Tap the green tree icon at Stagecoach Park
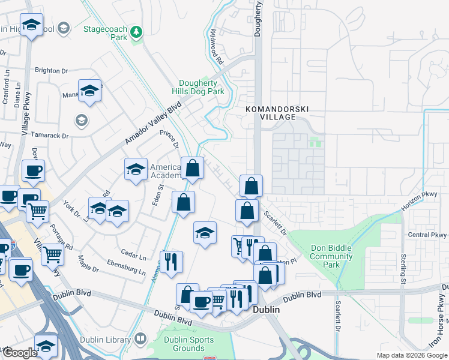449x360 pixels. click(137, 31)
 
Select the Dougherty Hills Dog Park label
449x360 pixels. click(202, 87)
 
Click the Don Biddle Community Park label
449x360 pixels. click(331, 256)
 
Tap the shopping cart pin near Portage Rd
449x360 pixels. click(52, 254)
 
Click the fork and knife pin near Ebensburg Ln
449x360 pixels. click(172, 261)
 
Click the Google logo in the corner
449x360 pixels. click(20, 353)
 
